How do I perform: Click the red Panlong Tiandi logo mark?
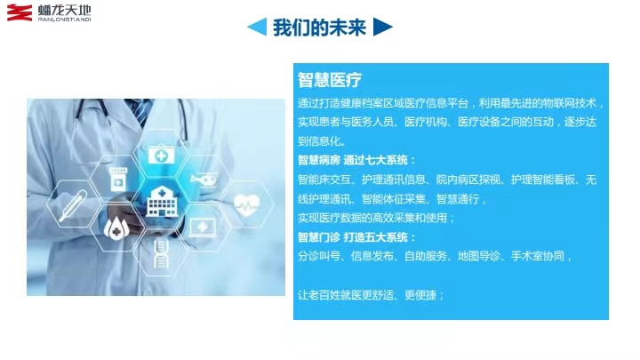pyautogui.click(x=20, y=12)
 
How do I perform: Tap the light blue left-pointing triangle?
pyautogui.click(x=258, y=27)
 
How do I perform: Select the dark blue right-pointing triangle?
pyautogui.click(x=383, y=27)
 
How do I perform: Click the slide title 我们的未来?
pyautogui.click(x=320, y=28)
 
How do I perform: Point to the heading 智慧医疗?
pyautogui.click(x=330, y=80)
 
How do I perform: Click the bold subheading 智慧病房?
pyautogui.click(x=319, y=160)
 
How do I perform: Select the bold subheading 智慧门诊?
pyautogui.click(x=319, y=237)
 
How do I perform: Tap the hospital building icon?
pyautogui.click(x=162, y=201)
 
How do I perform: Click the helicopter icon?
pyautogui.click(x=204, y=180)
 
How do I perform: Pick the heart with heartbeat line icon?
pyautogui.click(x=246, y=204)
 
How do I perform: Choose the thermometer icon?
pyautogui.click(x=73, y=205)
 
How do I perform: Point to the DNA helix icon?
pyautogui.click(x=161, y=253)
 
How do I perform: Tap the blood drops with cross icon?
pyautogui.click(x=116, y=228)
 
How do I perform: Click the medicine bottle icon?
pyautogui.click(x=118, y=180)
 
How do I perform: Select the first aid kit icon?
pyautogui.click(x=161, y=155)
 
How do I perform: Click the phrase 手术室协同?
pyautogui.click(x=538, y=256)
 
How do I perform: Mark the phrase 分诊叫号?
pyautogui.click(x=319, y=256)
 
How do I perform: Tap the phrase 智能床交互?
pyautogui.click(x=324, y=180)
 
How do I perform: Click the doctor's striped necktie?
pyautogui.click(x=140, y=112)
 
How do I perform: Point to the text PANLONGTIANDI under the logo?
pyautogui.click(x=65, y=20)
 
